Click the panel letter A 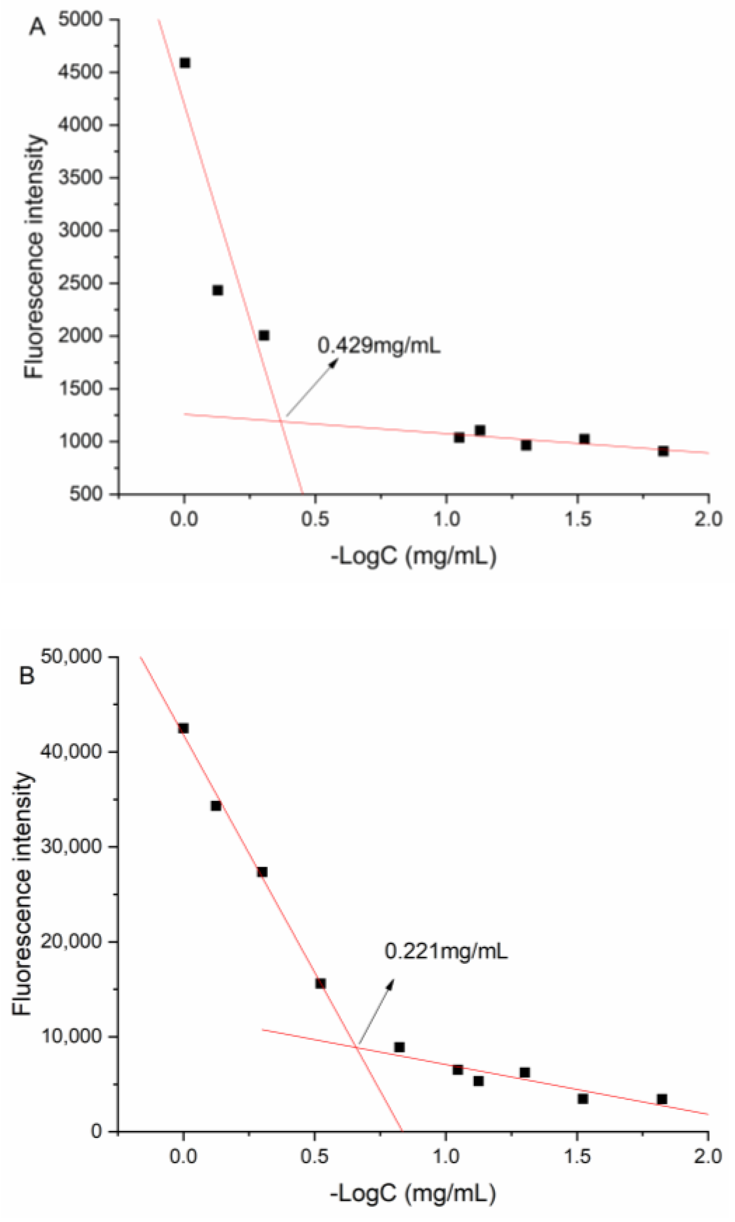pos(37,27)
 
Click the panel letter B pos(27,675)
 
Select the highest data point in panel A pos(185,63)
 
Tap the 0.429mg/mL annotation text pos(379,345)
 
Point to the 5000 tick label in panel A pos(80,19)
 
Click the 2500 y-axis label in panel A pos(80,283)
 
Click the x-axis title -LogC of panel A pos(414,557)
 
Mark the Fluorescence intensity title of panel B pos(23,894)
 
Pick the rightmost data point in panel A pos(663,451)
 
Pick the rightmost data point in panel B pos(662,1099)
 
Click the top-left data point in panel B pos(183,728)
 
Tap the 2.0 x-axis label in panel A pos(708,519)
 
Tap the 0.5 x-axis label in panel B pos(315,1157)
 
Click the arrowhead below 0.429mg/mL pos(334,363)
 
